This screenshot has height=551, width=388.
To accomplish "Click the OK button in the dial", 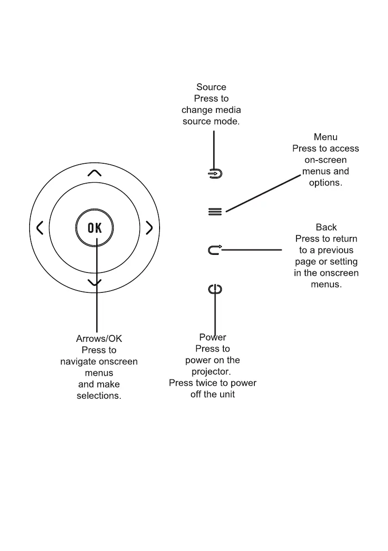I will pyautogui.click(x=94, y=228).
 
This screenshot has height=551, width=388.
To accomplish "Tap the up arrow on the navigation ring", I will pyautogui.click(x=94, y=173).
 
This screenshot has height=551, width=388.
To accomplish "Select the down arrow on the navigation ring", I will pyautogui.click(x=94, y=282).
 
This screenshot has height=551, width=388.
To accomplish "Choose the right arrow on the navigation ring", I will pyautogui.click(x=149, y=228).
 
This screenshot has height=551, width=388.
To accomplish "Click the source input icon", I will pyautogui.click(x=215, y=174).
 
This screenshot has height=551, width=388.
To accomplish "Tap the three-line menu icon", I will pyautogui.click(x=215, y=211).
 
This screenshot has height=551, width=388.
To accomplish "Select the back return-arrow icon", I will pyautogui.click(x=215, y=250).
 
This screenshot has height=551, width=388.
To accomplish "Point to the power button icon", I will pyautogui.click(x=215, y=290).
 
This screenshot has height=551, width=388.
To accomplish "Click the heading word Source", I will pyautogui.click(x=211, y=87).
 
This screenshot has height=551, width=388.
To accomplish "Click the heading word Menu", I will pyautogui.click(x=326, y=137).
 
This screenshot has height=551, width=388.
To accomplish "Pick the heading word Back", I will pyautogui.click(x=326, y=227).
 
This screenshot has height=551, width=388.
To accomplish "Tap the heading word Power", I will pyautogui.click(x=213, y=337).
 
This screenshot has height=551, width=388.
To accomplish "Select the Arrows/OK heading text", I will pyautogui.click(x=99, y=339).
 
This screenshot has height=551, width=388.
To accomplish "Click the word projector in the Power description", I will pyautogui.click(x=211, y=371).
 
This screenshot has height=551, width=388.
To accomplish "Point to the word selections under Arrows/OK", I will pyautogui.click(x=99, y=396).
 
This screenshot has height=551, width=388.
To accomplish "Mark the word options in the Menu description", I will pyautogui.click(x=326, y=183).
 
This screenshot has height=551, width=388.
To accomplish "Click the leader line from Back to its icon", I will pyautogui.click(x=252, y=250).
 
